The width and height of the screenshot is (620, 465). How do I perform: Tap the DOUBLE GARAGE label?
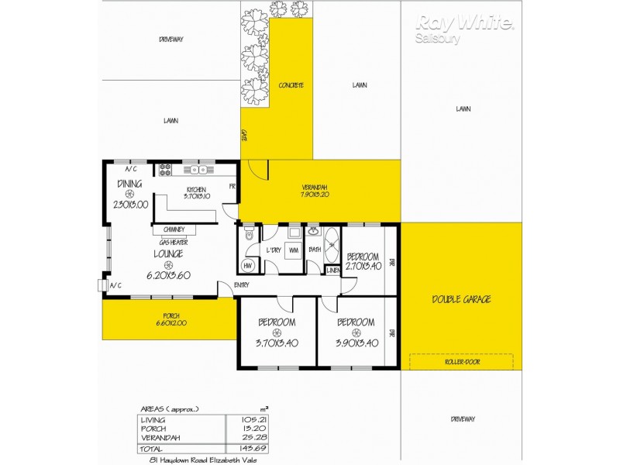(x=461, y=299)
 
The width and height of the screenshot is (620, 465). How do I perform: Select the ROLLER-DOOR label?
(x=462, y=361)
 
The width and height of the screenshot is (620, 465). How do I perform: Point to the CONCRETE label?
(x=291, y=85)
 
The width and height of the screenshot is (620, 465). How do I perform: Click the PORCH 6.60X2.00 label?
(x=169, y=319)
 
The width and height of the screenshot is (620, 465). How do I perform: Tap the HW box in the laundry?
(x=248, y=266)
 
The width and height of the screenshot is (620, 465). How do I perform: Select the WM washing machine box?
(x=294, y=250)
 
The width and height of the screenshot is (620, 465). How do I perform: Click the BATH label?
(x=315, y=250)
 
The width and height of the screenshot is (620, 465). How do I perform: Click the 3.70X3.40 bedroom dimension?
(x=277, y=343)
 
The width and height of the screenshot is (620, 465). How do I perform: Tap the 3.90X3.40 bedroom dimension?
(x=356, y=343)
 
